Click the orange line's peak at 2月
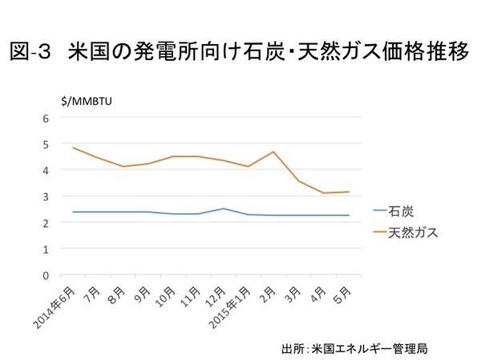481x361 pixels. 274,152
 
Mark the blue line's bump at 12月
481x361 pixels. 224,209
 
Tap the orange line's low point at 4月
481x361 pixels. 324,193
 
